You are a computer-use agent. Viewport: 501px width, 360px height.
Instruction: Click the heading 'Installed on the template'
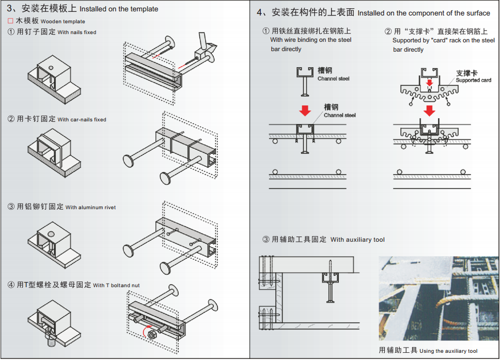pos(119,9)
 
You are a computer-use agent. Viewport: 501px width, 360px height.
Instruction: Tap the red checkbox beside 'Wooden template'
pos(11,21)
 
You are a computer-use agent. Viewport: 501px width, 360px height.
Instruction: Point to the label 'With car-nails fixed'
pos(82,120)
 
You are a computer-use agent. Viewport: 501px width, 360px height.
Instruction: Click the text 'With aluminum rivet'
pos(90,208)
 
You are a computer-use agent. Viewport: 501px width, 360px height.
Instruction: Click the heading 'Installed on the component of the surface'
pos(424,13)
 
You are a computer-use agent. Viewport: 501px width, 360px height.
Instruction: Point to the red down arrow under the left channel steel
pos(305,110)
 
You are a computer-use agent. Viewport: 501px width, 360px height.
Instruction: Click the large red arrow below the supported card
pos(429,111)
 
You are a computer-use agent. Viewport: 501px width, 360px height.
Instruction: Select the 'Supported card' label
pos(474,80)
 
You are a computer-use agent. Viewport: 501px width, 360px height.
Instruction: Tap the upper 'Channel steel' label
pos(333,79)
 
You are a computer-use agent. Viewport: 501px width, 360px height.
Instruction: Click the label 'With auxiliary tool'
pos(357,240)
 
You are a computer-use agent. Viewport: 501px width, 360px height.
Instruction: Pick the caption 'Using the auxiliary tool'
pos(448,351)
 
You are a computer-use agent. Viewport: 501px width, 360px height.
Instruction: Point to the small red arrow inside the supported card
pos(429,82)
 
